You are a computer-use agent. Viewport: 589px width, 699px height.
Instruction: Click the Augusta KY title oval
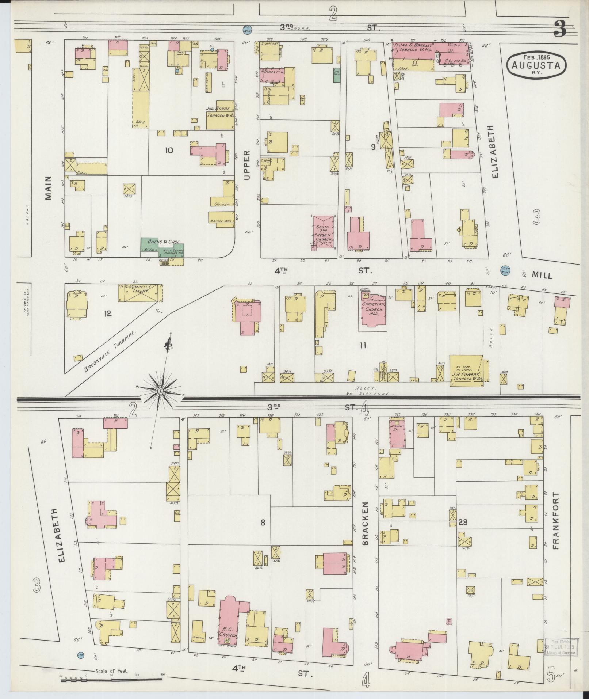coord(536,64)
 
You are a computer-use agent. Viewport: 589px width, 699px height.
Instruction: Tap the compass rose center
coord(160,391)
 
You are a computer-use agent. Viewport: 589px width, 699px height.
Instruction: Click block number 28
coord(463,523)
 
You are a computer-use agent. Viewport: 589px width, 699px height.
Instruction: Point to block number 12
coord(107,314)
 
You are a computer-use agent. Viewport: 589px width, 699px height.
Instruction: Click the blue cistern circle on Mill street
coord(505,270)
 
